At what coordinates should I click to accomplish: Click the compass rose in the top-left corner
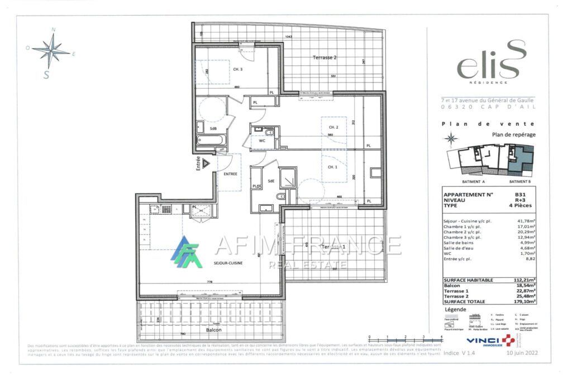(51, 52)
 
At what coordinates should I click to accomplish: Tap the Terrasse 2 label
(325, 58)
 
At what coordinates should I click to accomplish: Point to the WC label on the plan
(262, 142)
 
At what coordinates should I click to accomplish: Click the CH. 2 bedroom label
(333, 127)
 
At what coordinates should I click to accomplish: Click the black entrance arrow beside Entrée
(206, 163)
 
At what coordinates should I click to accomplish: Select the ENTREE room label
(230, 174)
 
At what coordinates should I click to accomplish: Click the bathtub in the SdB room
(212, 139)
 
